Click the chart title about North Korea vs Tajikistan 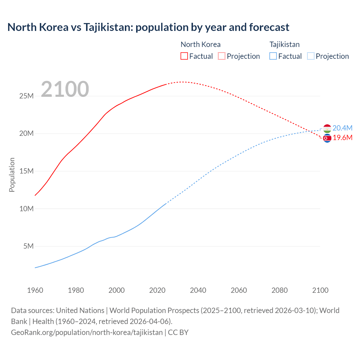148,27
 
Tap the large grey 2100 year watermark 65,89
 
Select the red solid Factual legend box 184,56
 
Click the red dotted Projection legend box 222,56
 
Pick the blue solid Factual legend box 273,56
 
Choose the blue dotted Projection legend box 311,56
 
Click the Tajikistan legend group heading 284,44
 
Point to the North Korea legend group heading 200,44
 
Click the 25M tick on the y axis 26,96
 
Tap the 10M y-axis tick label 26,209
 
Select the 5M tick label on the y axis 28,246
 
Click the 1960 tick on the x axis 35,290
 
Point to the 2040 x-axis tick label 198,290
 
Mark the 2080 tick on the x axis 280,290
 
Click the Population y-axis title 12,175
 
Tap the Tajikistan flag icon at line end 327,129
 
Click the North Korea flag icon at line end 327,138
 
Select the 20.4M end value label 342,128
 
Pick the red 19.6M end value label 343,138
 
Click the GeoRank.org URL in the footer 87,332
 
